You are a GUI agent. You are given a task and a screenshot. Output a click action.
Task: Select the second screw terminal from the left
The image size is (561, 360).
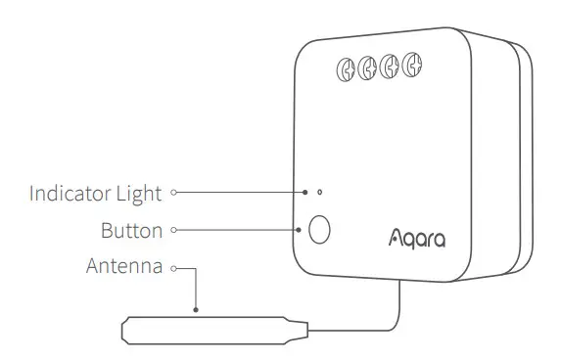tap(367, 69)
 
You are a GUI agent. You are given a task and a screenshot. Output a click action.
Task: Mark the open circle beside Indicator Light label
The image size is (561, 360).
tap(173, 193)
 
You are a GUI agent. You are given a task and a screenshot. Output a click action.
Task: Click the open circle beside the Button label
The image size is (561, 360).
tap(173, 231)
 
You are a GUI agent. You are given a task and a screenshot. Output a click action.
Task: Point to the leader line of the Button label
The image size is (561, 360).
tap(235, 231)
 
